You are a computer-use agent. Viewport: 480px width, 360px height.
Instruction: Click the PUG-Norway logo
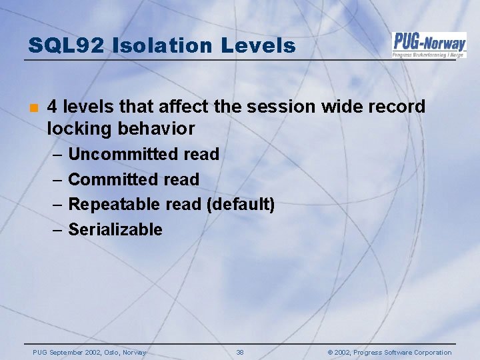coord(429,45)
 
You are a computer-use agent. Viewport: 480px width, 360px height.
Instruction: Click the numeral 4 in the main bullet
coord(53,107)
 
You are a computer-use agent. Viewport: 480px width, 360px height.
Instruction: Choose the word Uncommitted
coord(123,154)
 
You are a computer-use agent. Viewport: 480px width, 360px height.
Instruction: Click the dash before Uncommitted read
coord(56,155)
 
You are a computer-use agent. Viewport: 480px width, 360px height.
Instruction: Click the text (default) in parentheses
coord(241,204)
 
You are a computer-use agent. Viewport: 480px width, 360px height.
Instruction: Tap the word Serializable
coord(115,229)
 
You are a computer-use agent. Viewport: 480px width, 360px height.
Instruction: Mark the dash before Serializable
coord(56,230)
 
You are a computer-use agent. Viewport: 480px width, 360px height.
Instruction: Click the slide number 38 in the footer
coord(240,353)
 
